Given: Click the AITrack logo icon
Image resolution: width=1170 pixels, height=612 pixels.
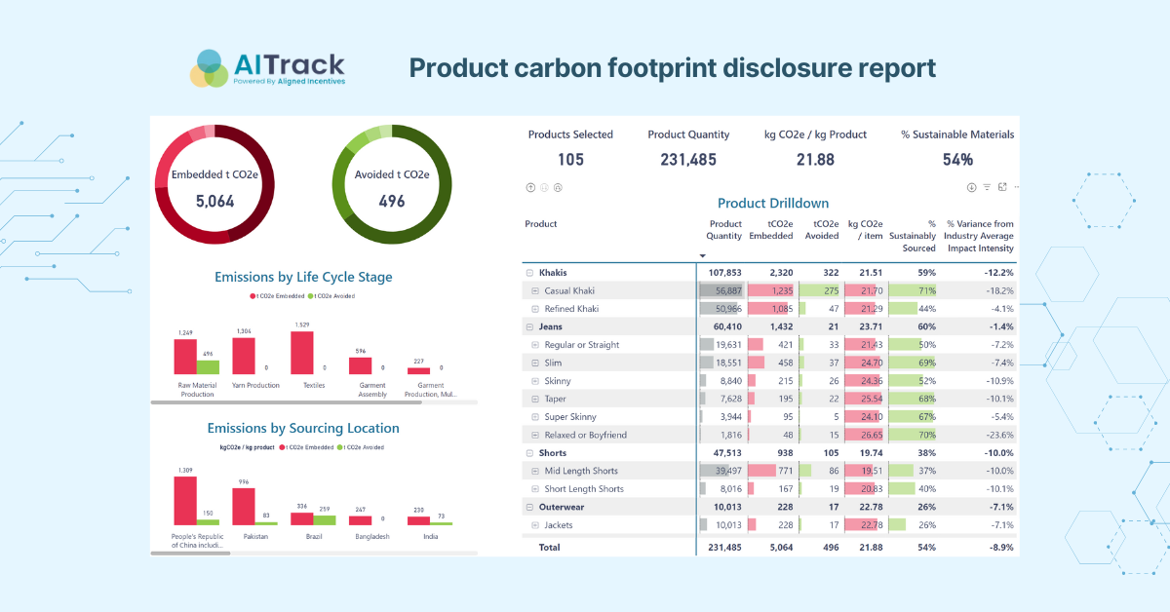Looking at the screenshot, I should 209,68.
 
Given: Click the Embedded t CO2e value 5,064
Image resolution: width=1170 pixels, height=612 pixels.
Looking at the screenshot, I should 215,202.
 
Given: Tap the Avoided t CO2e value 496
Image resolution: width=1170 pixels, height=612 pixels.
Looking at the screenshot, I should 392,202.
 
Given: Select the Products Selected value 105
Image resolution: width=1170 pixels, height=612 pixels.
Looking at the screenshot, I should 570,160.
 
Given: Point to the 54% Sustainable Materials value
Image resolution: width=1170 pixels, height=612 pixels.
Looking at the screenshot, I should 957,160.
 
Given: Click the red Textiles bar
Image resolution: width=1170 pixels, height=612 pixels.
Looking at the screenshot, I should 302,353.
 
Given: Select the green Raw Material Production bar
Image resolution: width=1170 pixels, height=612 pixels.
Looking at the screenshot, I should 208,367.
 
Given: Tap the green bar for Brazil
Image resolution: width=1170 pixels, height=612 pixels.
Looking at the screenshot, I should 325,519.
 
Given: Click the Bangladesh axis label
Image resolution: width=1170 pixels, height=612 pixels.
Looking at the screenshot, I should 372,536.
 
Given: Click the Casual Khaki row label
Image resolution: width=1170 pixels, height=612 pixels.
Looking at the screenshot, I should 569,290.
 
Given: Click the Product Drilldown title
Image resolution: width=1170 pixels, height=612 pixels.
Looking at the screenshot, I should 772,203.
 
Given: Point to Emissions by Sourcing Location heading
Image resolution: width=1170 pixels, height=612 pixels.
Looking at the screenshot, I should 303,428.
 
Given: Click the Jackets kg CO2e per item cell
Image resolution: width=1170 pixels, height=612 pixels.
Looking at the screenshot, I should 865,525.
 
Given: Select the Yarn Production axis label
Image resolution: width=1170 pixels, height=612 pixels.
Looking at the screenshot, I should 255,385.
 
